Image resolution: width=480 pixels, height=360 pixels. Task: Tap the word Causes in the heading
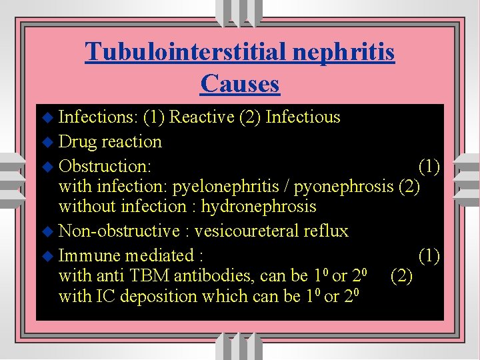coord(239,83)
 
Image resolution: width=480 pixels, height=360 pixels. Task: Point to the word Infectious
coord(303,117)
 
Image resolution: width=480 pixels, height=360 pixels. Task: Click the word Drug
coord(77,141)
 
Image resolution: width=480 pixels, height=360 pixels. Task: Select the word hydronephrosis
coord(259,207)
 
